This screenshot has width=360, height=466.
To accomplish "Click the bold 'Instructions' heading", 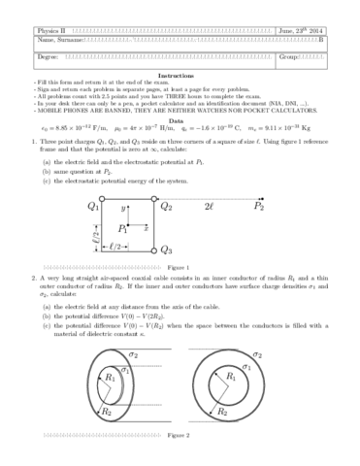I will coord(180,75).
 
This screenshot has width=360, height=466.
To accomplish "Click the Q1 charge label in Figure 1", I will coord(93,206).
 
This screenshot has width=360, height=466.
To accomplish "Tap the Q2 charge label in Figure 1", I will coord(166,206).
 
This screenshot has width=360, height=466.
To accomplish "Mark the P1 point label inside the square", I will coord(122,227).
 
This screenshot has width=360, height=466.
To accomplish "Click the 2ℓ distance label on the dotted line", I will coord(210,205).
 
